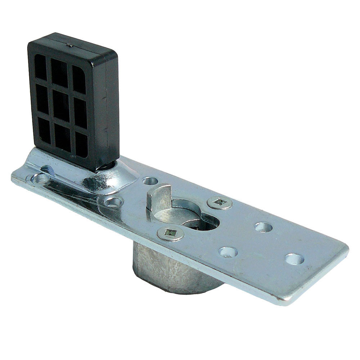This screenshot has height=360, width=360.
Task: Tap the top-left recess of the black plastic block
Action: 40,67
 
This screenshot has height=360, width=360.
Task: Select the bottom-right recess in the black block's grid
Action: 81,145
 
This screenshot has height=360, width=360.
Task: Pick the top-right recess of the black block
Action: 79,79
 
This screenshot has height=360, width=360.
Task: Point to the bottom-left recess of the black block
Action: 44,131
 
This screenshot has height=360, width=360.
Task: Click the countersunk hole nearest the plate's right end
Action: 294,259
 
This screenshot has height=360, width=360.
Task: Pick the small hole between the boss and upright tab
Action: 150,181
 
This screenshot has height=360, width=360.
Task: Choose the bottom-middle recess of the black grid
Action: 62,138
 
